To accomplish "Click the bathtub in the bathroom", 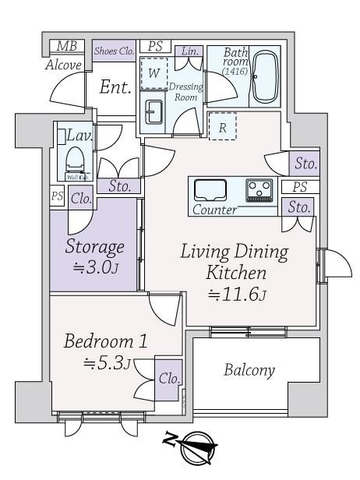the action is [266, 76].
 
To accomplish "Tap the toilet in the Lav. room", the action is [75, 160].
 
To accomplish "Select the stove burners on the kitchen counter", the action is [259, 190].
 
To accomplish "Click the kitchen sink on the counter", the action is [210, 190].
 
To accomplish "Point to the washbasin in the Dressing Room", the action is [154, 111].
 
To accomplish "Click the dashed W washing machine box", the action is [154, 73].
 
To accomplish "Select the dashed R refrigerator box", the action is [223, 126].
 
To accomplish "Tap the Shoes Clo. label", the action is [115, 51].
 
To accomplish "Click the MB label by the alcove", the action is [67, 46].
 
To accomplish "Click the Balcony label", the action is [249, 370].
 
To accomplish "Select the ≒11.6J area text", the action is [237, 295].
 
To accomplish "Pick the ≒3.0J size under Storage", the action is [95, 268].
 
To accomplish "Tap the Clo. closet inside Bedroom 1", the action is [168, 379].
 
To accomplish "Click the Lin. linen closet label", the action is [190, 51].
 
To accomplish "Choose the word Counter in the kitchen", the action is [214, 210].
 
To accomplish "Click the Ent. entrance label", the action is [115, 87].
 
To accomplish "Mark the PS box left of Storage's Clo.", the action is [57, 196].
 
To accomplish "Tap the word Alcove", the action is [64, 65].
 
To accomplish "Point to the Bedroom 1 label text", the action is [106, 341].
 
